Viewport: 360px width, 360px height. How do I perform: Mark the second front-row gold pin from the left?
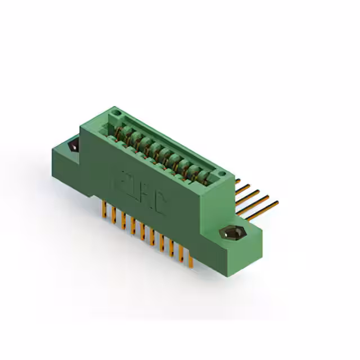point(113,215)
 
